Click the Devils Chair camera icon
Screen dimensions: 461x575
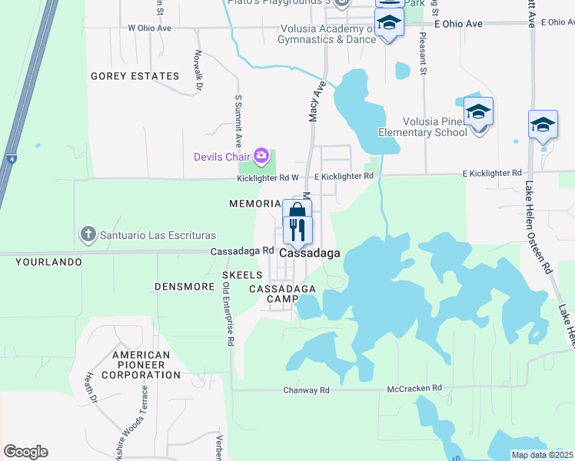[x=261, y=157]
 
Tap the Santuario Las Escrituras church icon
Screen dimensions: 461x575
[x=89, y=234]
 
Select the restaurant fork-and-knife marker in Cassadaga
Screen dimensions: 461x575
[x=297, y=229]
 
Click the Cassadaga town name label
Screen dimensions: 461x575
[x=310, y=252]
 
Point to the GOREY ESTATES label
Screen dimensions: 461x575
[x=135, y=76]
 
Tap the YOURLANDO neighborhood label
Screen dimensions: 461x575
[x=48, y=262]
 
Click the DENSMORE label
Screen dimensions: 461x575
[x=184, y=287]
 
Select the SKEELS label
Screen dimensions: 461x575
[x=242, y=274]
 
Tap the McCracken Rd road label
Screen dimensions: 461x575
[x=414, y=389]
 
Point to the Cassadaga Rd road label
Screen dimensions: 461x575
[x=243, y=250]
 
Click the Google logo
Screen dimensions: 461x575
[x=25, y=451]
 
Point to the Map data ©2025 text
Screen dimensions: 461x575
[x=542, y=455]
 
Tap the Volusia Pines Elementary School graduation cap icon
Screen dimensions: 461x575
[x=478, y=112]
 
